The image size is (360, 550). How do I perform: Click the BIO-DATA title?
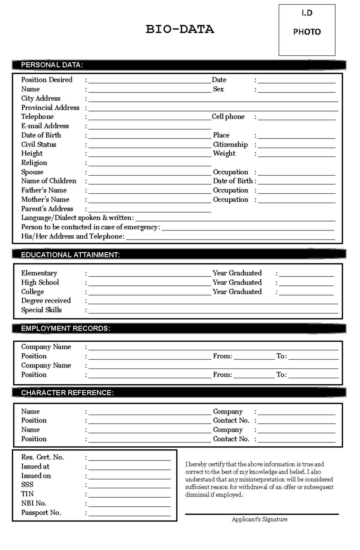click(x=180, y=29)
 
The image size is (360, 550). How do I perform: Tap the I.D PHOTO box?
click(x=307, y=30)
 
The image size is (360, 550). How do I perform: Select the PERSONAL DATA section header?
click(x=52, y=65)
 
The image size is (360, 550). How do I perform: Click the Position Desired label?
click(x=47, y=80)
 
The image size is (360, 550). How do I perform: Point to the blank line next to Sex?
click(x=296, y=90)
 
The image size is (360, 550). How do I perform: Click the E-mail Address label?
click(x=45, y=126)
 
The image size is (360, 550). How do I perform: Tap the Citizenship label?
click(x=230, y=144)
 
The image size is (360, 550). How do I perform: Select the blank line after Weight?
click(x=296, y=154)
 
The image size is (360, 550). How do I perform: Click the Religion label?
click(x=34, y=163)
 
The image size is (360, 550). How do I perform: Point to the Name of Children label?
click(x=49, y=181)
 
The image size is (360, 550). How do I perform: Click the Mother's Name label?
click(x=45, y=200)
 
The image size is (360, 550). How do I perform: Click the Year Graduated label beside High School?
click(x=237, y=282)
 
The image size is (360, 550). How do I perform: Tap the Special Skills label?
click(x=41, y=310)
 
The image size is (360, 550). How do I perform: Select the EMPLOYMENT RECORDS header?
click(x=66, y=329)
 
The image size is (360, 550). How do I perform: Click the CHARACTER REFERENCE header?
click(x=67, y=393)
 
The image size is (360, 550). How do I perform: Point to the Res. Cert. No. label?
click(x=42, y=457)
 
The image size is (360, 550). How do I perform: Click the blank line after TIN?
click(x=129, y=495)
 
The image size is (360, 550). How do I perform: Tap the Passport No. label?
click(x=41, y=513)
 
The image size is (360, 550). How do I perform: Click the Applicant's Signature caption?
click(x=259, y=519)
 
